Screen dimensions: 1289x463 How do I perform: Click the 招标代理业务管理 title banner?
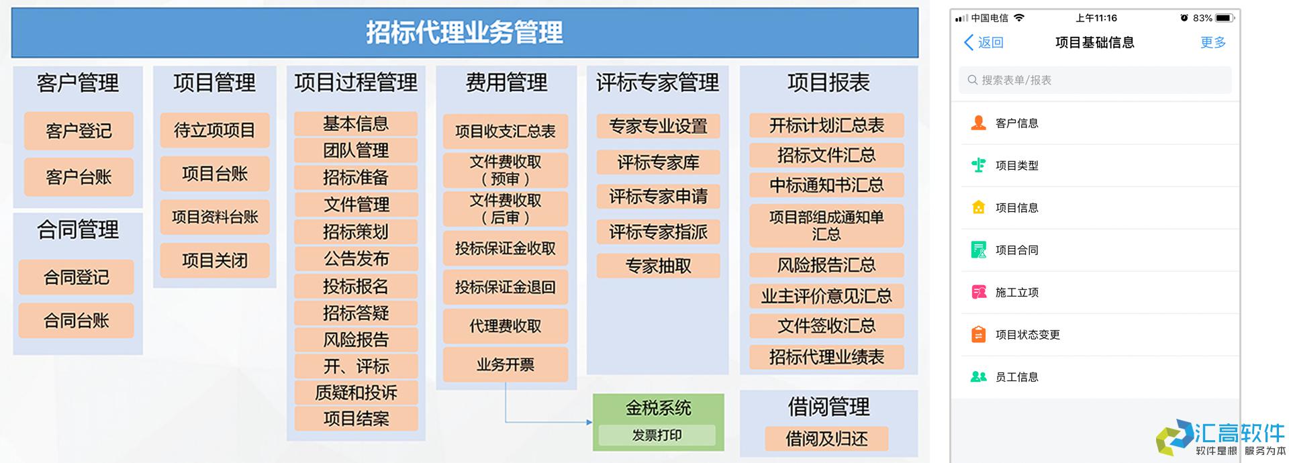tap(465, 32)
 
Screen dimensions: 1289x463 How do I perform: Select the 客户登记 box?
tap(79, 131)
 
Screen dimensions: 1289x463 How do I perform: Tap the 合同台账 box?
tap(76, 321)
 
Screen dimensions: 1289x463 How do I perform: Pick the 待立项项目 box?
tap(215, 130)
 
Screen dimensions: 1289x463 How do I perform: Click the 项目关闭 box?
tap(215, 260)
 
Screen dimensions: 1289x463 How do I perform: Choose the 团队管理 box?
tap(356, 150)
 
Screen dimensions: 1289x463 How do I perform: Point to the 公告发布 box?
tap(356, 258)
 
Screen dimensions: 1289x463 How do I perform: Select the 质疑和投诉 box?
tap(356, 393)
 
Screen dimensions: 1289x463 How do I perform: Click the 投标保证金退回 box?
tap(506, 287)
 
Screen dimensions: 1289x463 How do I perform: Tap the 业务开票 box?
tap(506, 365)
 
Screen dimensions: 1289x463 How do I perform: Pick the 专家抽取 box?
tap(658, 266)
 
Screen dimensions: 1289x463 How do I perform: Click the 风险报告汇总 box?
tap(826, 266)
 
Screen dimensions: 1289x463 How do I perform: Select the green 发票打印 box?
tap(657, 435)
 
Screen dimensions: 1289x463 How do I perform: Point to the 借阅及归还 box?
tap(826, 439)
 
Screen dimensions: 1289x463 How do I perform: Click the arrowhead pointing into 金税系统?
tap(589, 422)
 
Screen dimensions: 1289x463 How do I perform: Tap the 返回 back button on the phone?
tap(984, 43)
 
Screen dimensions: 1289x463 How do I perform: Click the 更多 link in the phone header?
tap(1213, 43)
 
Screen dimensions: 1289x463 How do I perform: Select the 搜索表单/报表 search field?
tap(1095, 80)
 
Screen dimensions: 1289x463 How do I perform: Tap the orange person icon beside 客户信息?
tap(979, 123)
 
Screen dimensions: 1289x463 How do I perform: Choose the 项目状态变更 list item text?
tap(1027, 335)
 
